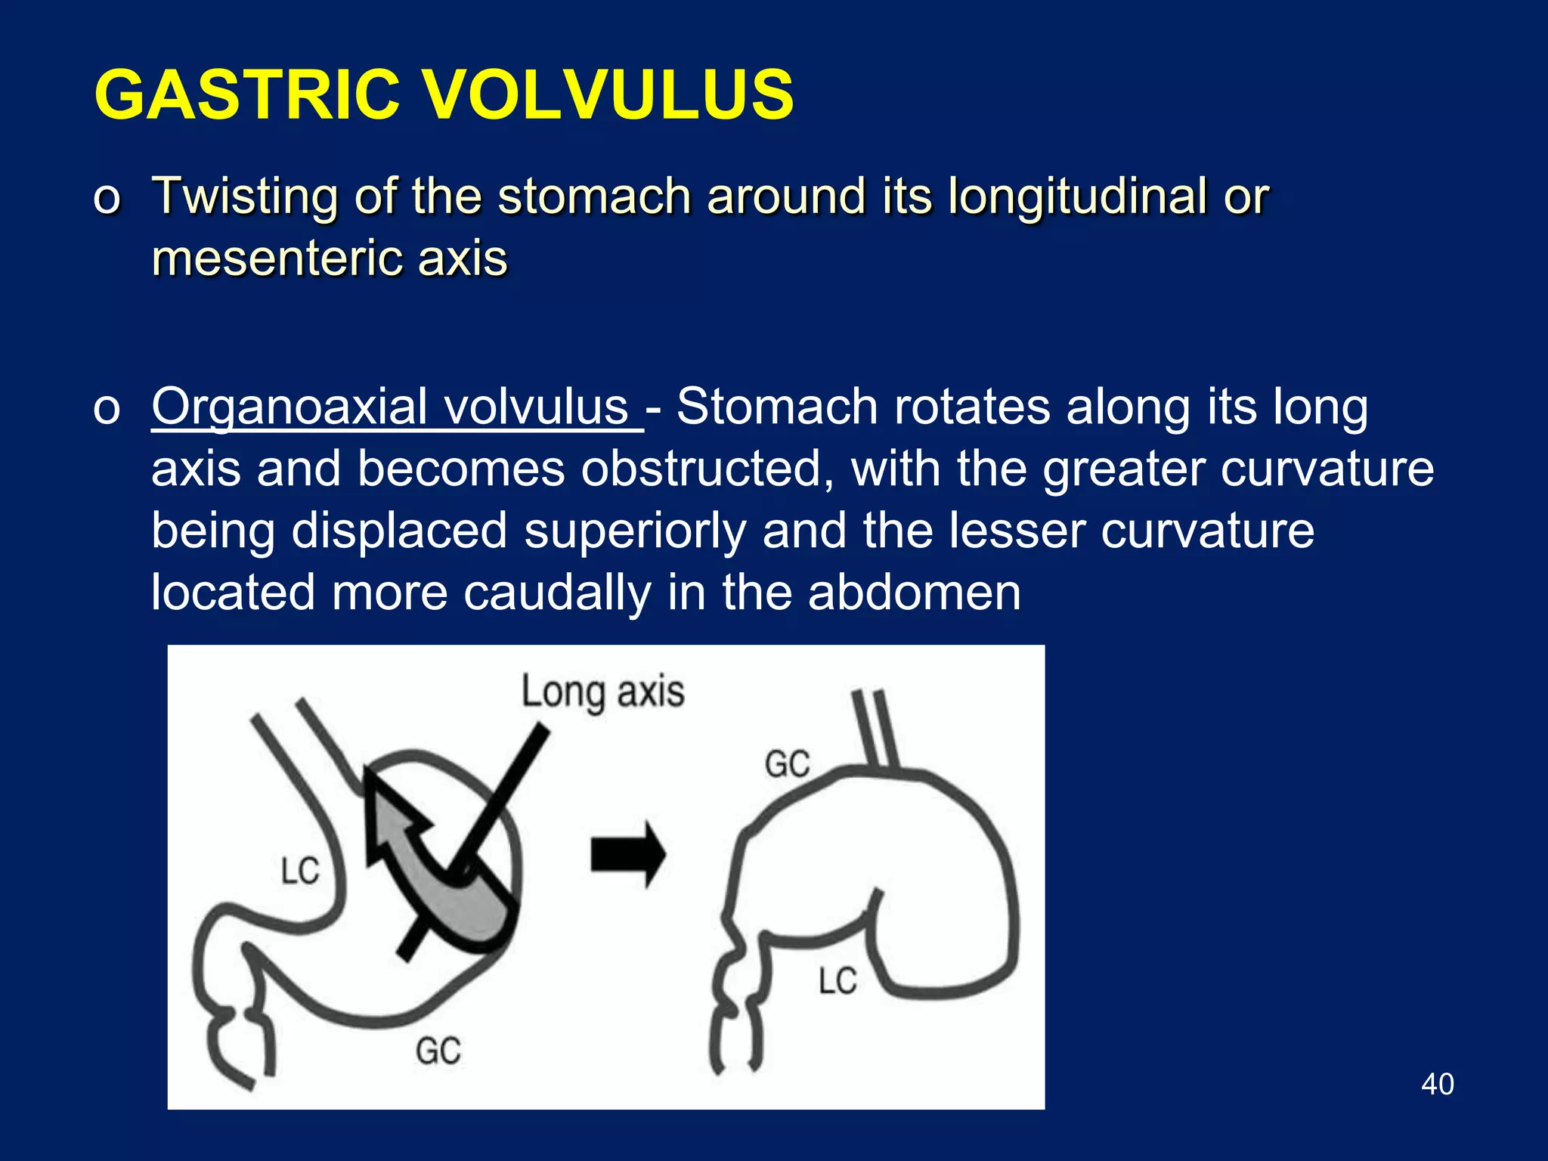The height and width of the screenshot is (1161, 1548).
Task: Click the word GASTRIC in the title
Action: pyautogui.click(x=246, y=95)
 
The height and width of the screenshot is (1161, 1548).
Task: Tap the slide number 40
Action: pyautogui.click(x=1437, y=1084)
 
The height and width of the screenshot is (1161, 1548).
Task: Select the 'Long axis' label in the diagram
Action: pyautogui.click(x=602, y=692)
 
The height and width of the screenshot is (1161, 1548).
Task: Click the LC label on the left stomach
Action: pyautogui.click(x=300, y=871)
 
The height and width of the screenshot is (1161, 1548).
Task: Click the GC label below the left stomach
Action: pyautogui.click(x=438, y=1051)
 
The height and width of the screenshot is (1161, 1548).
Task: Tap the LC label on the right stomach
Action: pyautogui.click(x=837, y=981)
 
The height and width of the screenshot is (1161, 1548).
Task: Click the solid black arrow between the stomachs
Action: pyautogui.click(x=627, y=855)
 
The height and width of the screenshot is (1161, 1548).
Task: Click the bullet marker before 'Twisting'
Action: pyautogui.click(x=107, y=198)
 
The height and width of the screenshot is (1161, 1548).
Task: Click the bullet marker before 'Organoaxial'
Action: pyautogui.click(x=107, y=409)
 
